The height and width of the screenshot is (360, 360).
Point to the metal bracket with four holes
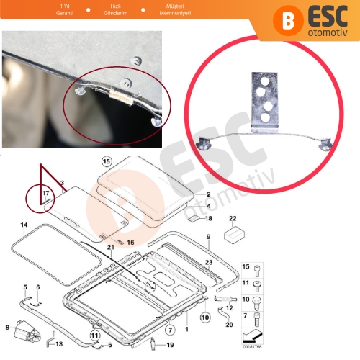(x=266, y=100)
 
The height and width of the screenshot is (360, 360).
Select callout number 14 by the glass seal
(x=24, y=225)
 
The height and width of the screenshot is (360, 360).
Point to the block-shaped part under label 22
(x=232, y=233)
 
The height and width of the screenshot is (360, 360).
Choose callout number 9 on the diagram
(x=207, y=237)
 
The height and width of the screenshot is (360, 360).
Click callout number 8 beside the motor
(x=6, y=328)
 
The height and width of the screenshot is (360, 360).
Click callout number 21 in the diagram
(x=111, y=247)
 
